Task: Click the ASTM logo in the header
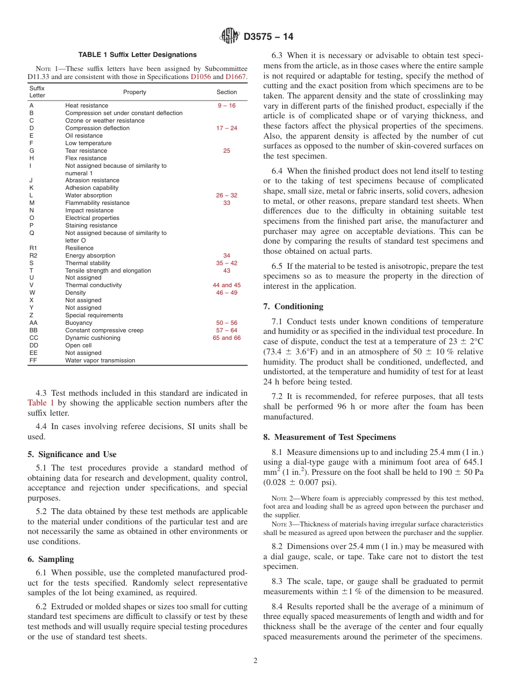tap(230, 37)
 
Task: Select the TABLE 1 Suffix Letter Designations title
tap(137, 55)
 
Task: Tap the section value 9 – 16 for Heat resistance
tap(226, 106)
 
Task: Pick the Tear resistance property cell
tap(86, 151)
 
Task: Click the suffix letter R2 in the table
tap(33, 255)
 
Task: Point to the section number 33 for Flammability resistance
tap(226, 203)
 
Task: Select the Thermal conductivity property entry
tap(94, 286)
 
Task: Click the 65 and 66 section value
tap(226, 338)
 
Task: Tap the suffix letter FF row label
tap(33, 361)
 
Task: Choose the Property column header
tap(134, 92)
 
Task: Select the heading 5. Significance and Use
tap(72, 454)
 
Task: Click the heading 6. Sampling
tap(51, 559)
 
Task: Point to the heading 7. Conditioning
tap(293, 307)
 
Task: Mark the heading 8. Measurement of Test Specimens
tap(329, 437)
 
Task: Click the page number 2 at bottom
tap(256, 661)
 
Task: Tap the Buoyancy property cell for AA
tap(79, 323)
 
